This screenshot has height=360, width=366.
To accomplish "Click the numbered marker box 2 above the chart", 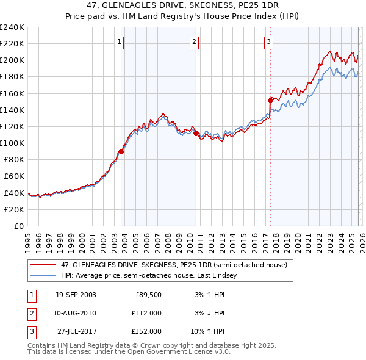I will [193, 42].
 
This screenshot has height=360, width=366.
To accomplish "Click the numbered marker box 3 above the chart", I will [268, 42].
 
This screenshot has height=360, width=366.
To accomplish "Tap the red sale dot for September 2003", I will [121, 152].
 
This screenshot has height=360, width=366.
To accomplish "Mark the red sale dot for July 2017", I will [270, 99].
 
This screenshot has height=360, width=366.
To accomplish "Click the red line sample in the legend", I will [43, 265].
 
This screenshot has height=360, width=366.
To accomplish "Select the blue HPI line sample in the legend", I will [43, 276].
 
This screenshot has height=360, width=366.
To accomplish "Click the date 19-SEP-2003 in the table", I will [75, 295].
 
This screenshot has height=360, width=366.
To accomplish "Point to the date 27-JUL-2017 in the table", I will [75, 331].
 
